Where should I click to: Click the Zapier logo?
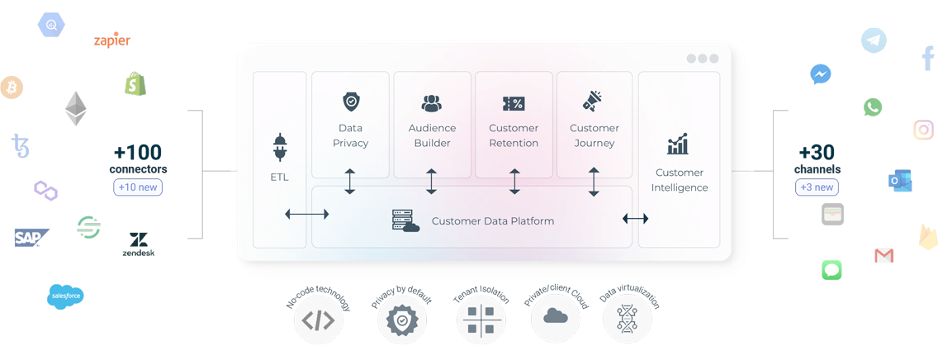coord(112,40)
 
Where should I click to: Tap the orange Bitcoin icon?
coord(12,87)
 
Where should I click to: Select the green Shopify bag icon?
coord(135,83)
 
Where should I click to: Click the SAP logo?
coord(31,238)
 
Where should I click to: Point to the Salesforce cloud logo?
coord(66,296)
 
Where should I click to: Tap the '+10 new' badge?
coord(138,187)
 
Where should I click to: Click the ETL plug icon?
coord(279,148)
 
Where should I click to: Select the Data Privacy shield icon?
coord(351,102)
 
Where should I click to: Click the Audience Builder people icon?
coord(432,103)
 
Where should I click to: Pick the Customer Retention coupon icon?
coord(514,103)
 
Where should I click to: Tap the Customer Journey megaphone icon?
coord(594,101)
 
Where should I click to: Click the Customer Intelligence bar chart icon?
coord(678,145)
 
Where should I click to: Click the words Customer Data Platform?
coord(492,221)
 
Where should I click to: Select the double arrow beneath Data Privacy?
coord(350,182)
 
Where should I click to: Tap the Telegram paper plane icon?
coord(874,40)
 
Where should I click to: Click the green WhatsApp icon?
coord(873,107)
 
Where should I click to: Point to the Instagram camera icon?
coord(924,130)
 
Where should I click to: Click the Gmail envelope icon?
coord(884,255)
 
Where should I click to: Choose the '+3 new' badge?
coord(816,187)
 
